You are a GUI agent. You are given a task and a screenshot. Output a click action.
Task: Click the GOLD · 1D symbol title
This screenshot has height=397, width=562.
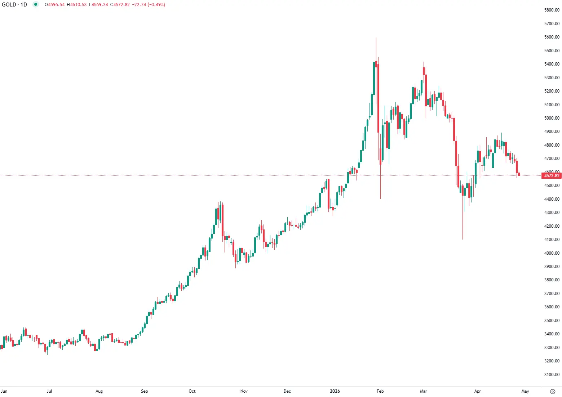click(14, 5)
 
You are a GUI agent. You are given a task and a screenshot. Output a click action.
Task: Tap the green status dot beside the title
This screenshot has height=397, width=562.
click(35, 5)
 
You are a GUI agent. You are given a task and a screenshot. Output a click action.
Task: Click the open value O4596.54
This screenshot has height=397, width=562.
click(54, 5)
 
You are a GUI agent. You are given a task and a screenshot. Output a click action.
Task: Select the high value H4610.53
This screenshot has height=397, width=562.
click(76, 5)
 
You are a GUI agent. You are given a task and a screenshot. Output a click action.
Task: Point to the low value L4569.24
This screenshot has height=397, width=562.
click(98, 5)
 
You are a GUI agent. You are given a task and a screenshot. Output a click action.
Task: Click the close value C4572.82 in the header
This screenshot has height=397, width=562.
click(120, 5)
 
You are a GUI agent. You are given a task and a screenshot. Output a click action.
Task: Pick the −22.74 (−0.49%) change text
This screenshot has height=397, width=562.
click(149, 5)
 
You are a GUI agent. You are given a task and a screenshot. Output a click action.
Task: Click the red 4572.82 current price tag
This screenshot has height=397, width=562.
click(552, 176)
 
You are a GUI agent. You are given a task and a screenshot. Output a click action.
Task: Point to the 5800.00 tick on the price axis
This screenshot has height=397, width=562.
click(552, 10)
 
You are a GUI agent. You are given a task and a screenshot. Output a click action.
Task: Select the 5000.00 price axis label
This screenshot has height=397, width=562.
click(552, 118)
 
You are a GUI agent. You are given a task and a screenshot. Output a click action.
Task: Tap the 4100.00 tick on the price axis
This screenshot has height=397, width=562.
click(552, 240)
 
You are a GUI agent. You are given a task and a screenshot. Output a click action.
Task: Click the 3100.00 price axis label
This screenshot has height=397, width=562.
click(552, 375)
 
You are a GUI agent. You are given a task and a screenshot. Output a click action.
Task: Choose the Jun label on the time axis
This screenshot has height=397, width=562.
click(4, 391)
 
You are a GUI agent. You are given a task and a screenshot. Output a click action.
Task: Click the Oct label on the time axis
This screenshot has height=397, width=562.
click(192, 391)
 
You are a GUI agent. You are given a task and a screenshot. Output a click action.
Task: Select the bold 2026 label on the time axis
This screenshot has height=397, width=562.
click(335, 391)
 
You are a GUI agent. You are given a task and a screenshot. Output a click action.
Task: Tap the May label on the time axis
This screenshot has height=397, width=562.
click(525, 391)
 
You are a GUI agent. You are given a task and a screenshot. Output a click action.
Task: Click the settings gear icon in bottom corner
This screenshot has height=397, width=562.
click(553, 391)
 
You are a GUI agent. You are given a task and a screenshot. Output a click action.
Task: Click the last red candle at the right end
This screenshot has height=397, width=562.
click(519, 175)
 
